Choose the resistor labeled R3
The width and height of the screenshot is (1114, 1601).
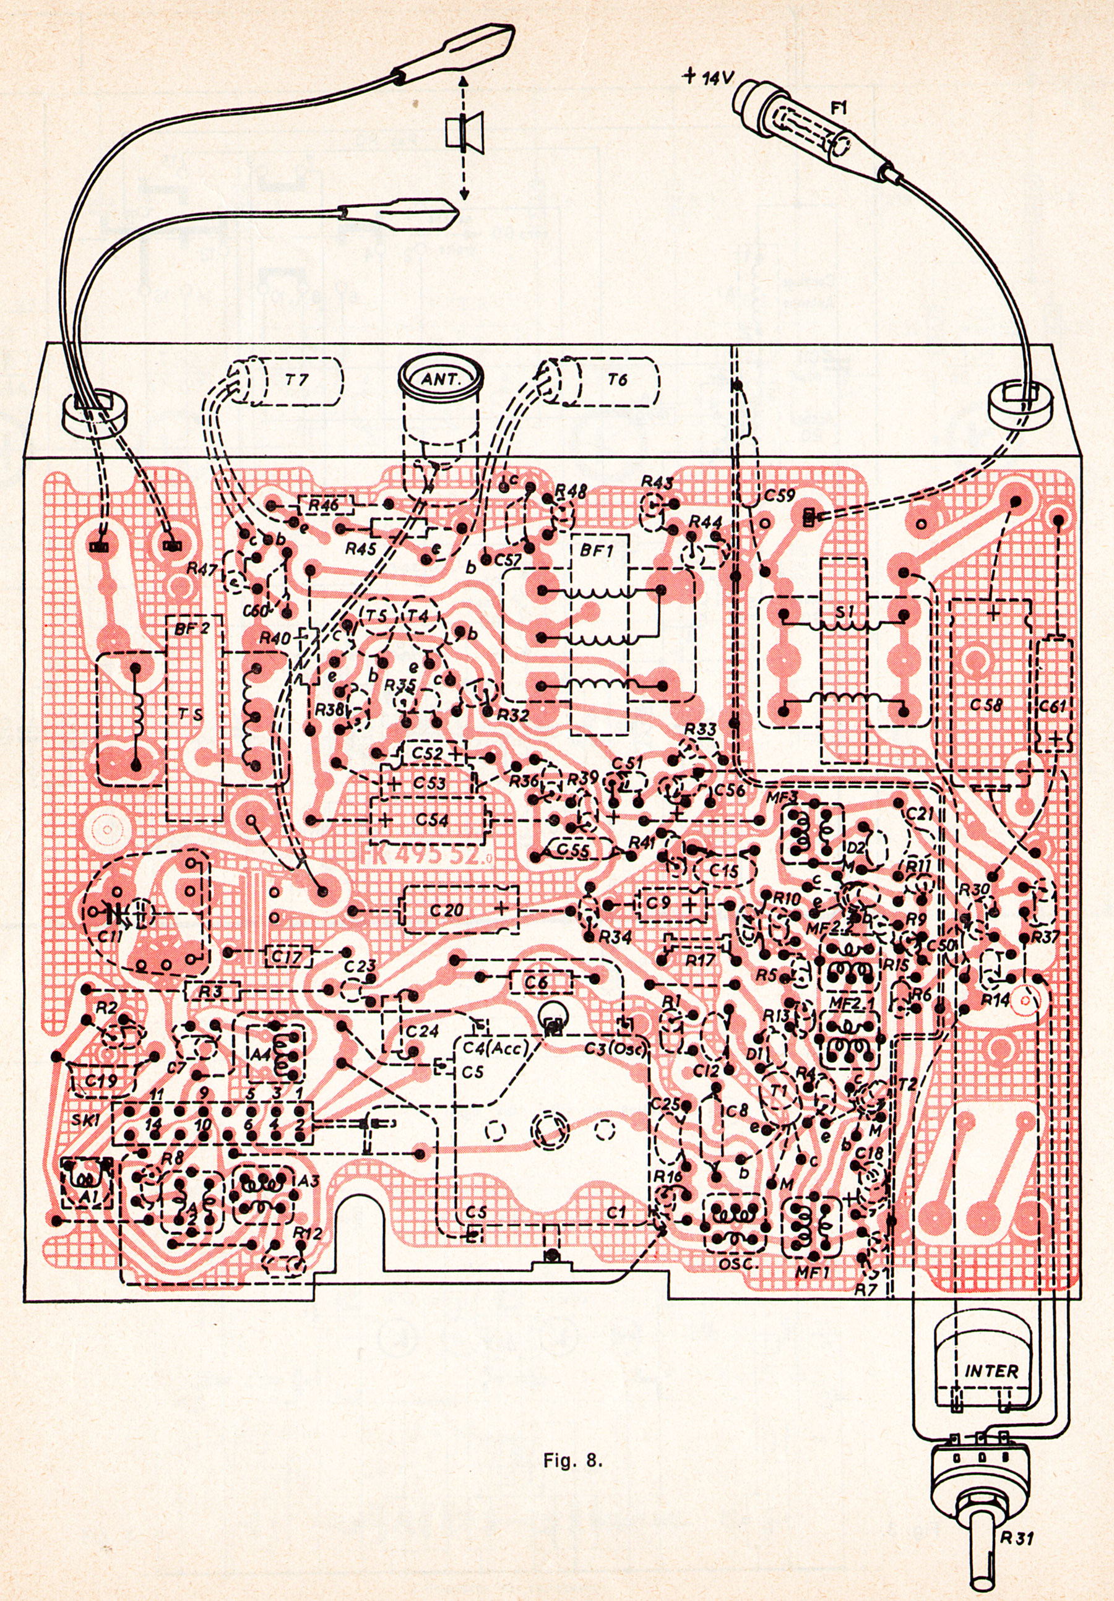(214, 990)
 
